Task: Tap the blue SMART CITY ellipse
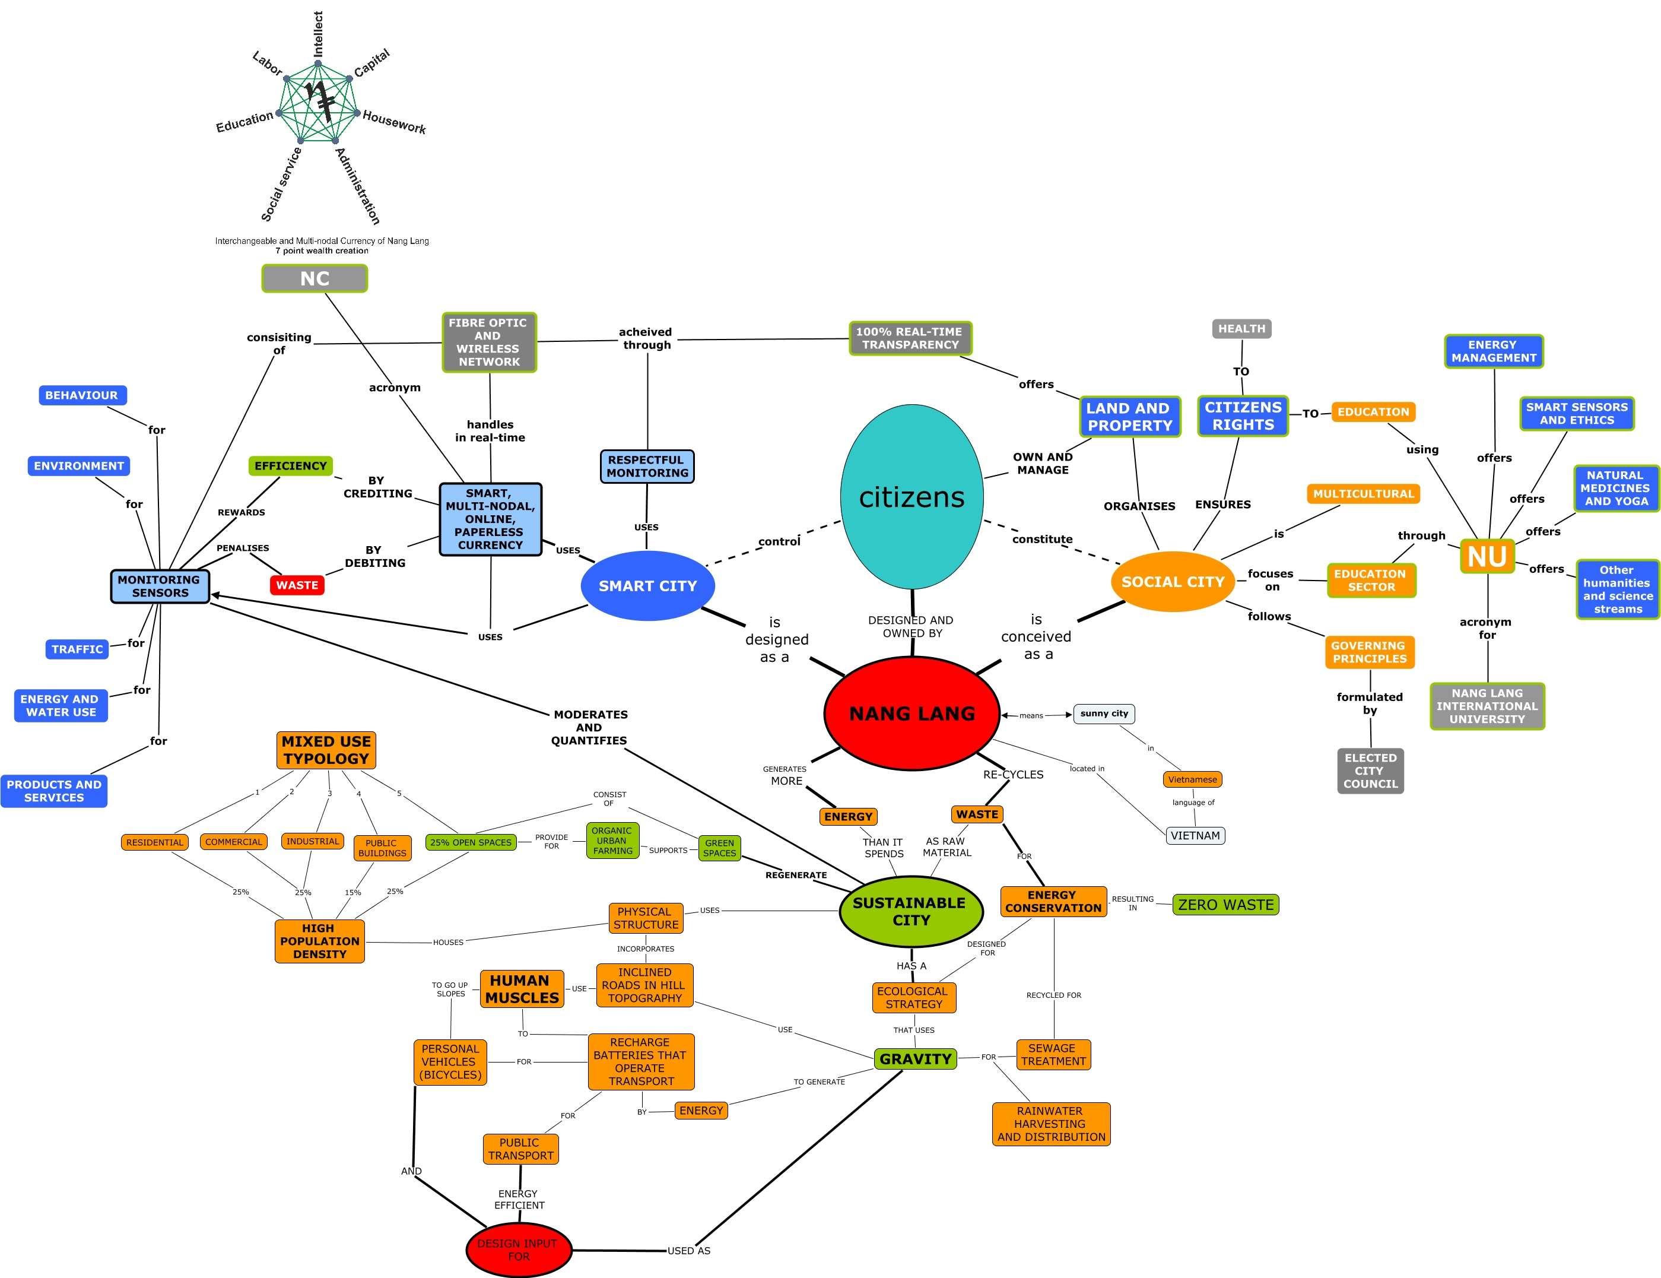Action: click(647, 586)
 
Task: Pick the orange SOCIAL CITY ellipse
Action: click(1173, 582)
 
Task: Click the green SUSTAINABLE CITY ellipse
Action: click(910, 911)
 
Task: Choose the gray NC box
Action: click(314, 278)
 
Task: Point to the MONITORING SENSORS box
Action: click(160, 586)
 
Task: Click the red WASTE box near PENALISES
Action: click(297, 585)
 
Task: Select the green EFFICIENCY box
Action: click(291, 465)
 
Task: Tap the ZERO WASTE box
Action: click(1225, 905)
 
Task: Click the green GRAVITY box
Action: click(915, 1059)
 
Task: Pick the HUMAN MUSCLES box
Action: click(522, 989)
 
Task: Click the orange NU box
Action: click(1487, 557)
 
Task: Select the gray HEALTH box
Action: click(1241, 329)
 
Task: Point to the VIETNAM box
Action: click(1195, 835)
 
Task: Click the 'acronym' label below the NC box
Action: click(395, 387)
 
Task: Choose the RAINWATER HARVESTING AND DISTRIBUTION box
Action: click(1051, 1124)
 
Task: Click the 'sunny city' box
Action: click(1104, 713)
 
